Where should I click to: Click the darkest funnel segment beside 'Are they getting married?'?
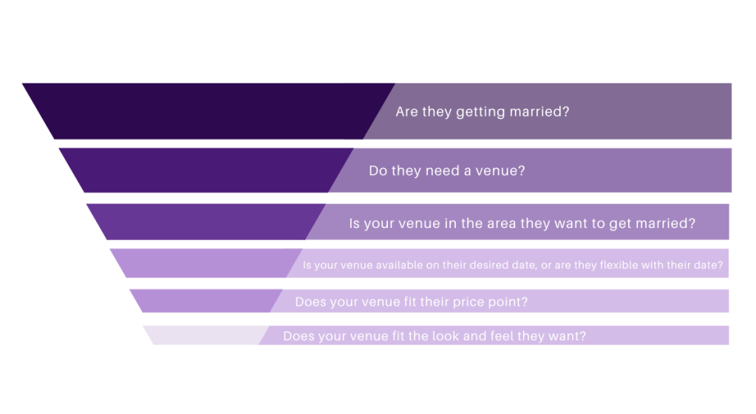tap(208, 111)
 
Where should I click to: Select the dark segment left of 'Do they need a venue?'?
tap(206, 170)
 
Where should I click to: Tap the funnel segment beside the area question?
tap(206, 222)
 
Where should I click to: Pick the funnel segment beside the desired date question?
tap(206, 263)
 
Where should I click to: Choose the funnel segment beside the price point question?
tap(206, 301)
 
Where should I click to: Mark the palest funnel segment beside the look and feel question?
tap(206, 335)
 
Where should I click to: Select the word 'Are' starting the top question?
tap(407, 111)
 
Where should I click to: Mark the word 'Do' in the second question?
tap(378, 171)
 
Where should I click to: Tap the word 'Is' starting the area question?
tap(355, 224)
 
